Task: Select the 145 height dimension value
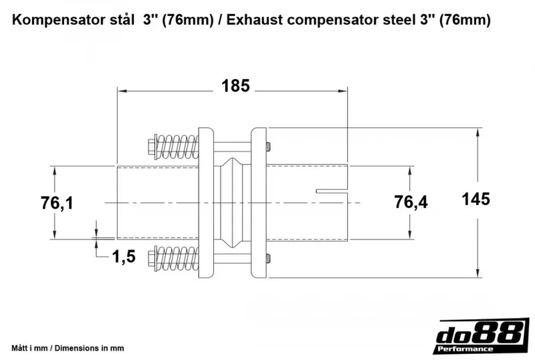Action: (475, 199)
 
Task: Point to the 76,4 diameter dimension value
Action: (410, 202)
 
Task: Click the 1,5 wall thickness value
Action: (125, 256)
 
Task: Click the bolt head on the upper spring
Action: (150, 147)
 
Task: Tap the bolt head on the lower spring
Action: (150, 258)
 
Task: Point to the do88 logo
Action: (477, 333)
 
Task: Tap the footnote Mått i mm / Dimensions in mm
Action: (68, 349)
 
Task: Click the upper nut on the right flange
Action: (268, 147)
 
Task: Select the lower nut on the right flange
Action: (268, 258)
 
